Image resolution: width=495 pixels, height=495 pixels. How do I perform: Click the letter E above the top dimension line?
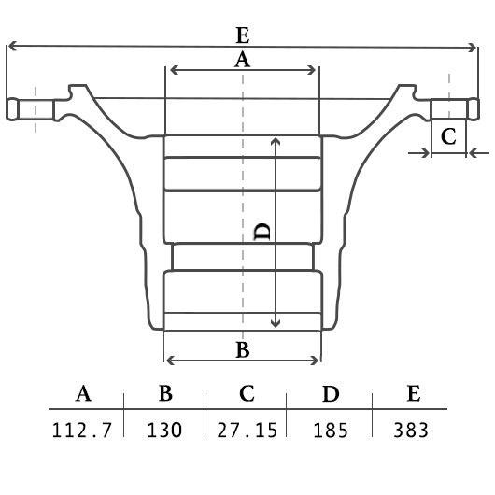click(x=243, y=35)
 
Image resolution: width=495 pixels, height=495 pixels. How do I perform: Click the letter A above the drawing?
click(x=242, y=60)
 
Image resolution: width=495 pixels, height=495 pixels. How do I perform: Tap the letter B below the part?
click(x=243, y=350)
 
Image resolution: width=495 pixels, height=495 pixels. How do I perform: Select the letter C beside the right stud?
click(x=448, y=136)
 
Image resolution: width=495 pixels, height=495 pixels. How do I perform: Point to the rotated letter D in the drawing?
click(x=262, y=232)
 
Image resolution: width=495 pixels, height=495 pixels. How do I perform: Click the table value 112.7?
click(x=82, y=430)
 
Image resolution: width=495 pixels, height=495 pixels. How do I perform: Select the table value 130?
click(x=164, y=430)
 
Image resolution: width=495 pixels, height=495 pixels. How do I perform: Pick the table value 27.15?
click(x=247, y=430)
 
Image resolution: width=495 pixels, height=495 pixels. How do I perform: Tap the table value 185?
click(x=331, y=430)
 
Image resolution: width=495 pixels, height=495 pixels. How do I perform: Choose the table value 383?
click(x=411, y=430)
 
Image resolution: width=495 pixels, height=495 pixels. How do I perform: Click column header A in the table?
click(x=83, y=393)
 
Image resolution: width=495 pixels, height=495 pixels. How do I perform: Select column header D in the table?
click(x=331, y=393)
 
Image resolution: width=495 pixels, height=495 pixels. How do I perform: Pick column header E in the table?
click(x=414, y=393)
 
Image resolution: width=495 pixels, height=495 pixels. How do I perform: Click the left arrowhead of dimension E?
click(x=12, y=46)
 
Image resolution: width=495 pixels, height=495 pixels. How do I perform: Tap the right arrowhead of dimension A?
click(x=312, y=70)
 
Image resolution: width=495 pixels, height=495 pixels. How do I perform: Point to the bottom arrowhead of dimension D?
click(x=276, y=323)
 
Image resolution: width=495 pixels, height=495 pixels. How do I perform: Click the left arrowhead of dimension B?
click(x=170, y=361)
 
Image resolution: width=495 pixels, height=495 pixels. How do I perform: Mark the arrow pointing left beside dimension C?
click(x=479, y=153)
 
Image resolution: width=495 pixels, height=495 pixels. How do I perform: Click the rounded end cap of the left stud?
click(x=12, y=109)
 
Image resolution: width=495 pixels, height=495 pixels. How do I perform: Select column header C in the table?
click(x=247, y=393)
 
